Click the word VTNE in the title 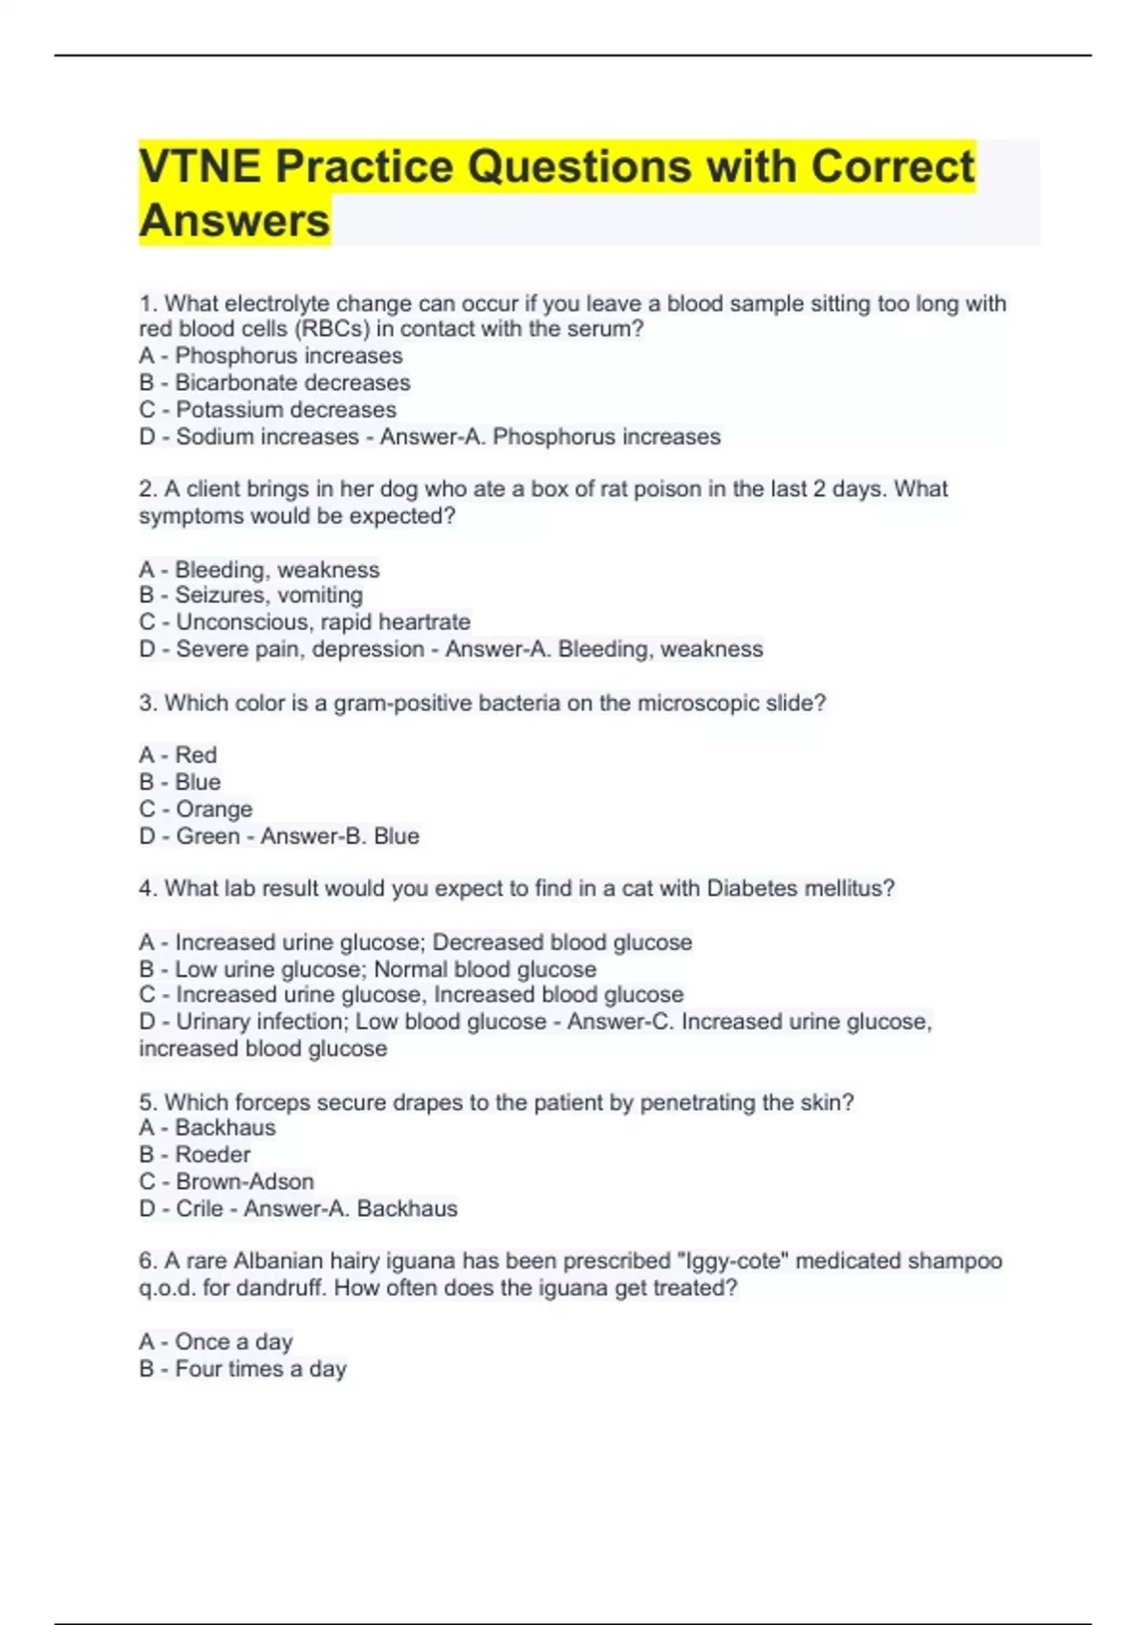199,166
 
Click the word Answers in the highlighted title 234,221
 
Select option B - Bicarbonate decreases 274,382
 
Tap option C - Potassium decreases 268,409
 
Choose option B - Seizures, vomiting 250,595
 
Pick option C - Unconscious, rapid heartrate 304,621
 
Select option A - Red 178,755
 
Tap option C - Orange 196,809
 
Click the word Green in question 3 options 207,835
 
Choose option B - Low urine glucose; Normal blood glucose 367,968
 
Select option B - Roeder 195,1154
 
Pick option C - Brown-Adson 227,1181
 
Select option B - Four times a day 243,1369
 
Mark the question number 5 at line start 146,1102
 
